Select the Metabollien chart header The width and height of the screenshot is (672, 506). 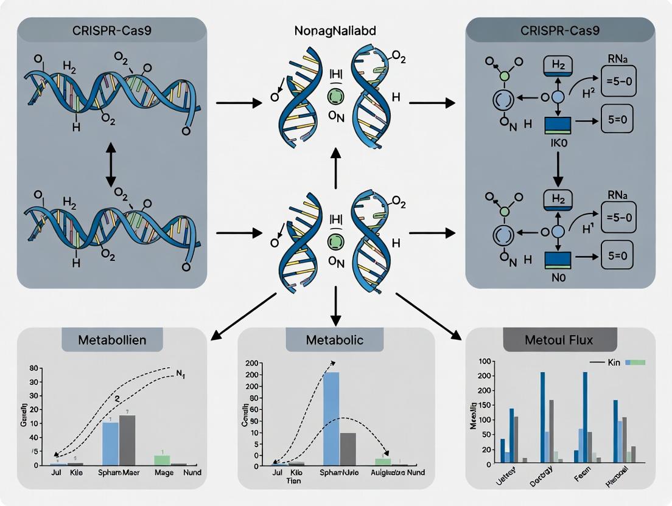click(113, 340)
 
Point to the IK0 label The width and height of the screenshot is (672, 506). click(558, 147)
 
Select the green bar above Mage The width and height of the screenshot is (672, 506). click(161, 460)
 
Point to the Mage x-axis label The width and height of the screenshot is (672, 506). click(164, 473)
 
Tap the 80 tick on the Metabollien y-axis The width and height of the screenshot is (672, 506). click(34, 368)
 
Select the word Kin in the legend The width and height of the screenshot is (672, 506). click(613, 362)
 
